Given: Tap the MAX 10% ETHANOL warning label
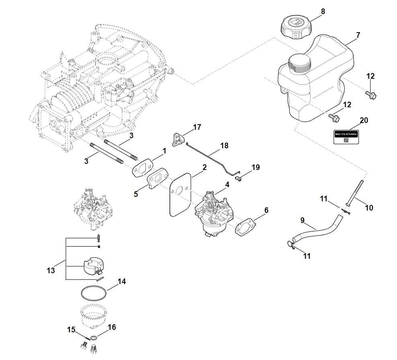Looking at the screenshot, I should tap(346, 137).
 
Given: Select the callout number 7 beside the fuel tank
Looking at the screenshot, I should tap(358, 35).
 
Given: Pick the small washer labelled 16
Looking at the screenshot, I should tap(93, 338).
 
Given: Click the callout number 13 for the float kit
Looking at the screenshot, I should tap(51, 270).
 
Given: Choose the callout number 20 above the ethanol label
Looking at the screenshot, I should tap(364, 120).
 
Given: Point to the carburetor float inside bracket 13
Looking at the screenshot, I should tap(93, 266).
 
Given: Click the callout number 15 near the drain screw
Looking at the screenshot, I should tap(71, 329).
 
